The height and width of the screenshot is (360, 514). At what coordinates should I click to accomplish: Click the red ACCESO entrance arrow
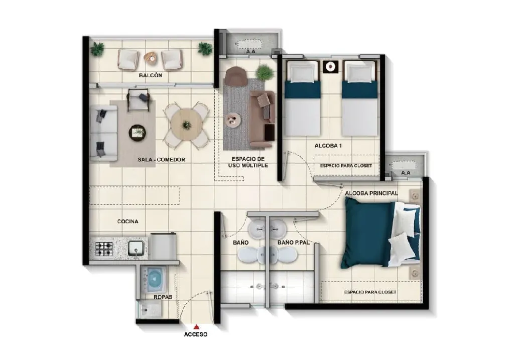click(196, 326)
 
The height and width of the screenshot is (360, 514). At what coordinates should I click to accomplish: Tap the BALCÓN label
click(151, 75)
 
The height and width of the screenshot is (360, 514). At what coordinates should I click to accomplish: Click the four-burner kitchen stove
click(104, 249)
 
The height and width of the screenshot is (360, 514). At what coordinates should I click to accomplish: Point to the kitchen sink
click(136, 249)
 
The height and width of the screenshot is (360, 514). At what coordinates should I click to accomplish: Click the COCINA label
click(128, 221)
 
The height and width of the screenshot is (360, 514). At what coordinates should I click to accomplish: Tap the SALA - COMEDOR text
click(161, 160)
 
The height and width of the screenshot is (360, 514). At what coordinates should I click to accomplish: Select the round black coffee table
click(138, 133)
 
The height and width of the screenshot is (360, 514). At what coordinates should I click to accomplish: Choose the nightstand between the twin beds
click(330, 67)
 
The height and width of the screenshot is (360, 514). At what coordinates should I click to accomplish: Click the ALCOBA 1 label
click(328, 146)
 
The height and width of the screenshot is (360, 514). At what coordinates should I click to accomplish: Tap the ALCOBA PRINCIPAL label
click(371, 193)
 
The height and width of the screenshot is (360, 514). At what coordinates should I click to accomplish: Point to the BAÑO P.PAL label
click(294, 243)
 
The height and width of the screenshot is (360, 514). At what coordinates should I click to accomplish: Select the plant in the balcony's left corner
click(97, 49)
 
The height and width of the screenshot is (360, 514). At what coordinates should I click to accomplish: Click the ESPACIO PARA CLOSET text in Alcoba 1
click(346, 166)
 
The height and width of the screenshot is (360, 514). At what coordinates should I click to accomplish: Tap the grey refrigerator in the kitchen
click(164, 246)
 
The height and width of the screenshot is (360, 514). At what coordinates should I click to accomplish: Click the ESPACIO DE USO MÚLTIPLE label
click(248, 162)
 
